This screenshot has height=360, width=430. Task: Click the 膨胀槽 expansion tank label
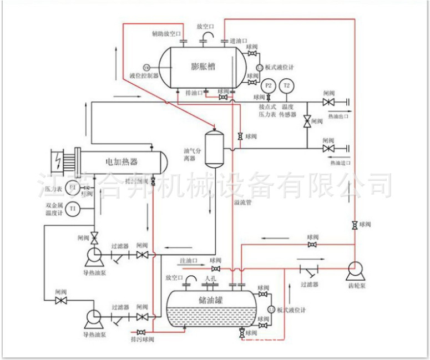[203, 66]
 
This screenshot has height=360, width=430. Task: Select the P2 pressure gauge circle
[269, 85]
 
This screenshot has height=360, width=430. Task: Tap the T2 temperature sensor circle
[287, 85]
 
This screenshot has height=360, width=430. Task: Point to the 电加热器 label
[121, 162]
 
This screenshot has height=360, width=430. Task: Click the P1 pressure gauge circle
[73, 188]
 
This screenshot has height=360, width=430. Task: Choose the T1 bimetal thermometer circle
[73, 208]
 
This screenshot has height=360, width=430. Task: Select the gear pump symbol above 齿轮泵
[353, 270]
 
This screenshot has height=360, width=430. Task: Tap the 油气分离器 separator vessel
[213, 148]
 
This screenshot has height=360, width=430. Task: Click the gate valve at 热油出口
[328, 102]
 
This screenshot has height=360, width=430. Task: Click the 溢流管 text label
[243, 204]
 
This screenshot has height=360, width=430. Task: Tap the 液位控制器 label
[144, 75]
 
